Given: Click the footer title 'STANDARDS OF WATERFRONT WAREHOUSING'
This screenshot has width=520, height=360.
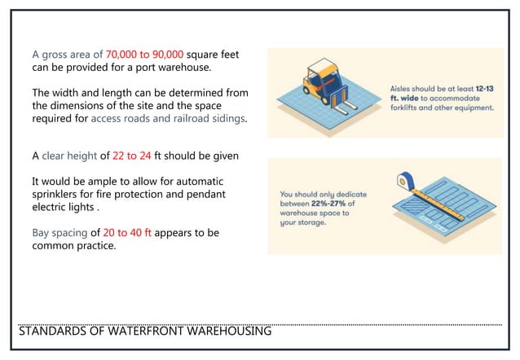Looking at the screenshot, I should tap(144, 331).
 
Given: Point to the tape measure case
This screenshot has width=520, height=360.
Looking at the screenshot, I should tap(404, 181).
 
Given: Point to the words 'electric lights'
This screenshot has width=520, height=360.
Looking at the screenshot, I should tap(62, 207).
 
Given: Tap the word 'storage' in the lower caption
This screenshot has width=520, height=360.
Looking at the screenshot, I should tap(309, 222).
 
